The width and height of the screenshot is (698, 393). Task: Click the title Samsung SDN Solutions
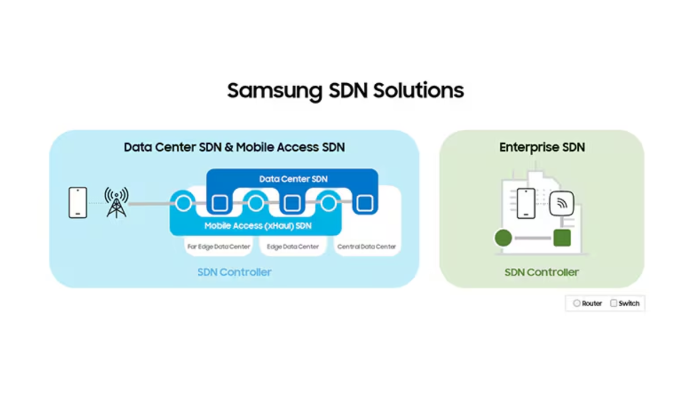pyautogui.click(x=346, y=91)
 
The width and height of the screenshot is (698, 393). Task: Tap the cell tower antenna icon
pyautogui.click(x=116, y=203)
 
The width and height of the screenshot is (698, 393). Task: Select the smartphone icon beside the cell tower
pyautogui.click(x=78, y=203)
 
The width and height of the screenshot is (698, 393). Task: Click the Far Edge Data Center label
pyautogui.click(x=219, y=247)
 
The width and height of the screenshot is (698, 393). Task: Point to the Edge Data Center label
pyautogui.click(x=293, y=247)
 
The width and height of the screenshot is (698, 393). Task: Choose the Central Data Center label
pyautogui.click(x=366, y=247)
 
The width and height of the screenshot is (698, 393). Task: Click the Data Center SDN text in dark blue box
pyautogui.click(x=293, y=179)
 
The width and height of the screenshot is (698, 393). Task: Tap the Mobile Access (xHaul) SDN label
pyautogui.click(x=258, y=226)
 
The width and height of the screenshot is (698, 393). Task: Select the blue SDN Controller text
pyautogui.click(x=234, y=272)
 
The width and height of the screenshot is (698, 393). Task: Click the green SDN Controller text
pyautogui.click(x=542, y=272)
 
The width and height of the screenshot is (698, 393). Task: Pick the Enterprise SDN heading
pyautogui.click(x=542, y=147)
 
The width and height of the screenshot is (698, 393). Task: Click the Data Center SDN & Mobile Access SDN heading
pyautogui.click(x=234, y=147)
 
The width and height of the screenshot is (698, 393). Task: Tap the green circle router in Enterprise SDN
pyautogui.click(x=503, y=238)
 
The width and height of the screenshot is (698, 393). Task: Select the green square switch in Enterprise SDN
pyautogui.click(x=562, y=238)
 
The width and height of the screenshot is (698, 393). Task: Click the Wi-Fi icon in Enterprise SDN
pyautogui.click(x=562, y=203)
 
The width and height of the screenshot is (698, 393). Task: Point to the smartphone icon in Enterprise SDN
pyautogui.click(x=526, y=203)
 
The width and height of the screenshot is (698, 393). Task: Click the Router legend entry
pyautogui.click(x=587, y=303)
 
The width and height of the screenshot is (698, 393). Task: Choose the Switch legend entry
pyautogui.click(x=625, y=303)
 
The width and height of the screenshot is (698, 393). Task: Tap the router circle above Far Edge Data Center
pyautogui.click(x=183, y=203)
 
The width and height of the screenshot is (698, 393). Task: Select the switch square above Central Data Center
pyautogui.click(x=365, y=203)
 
